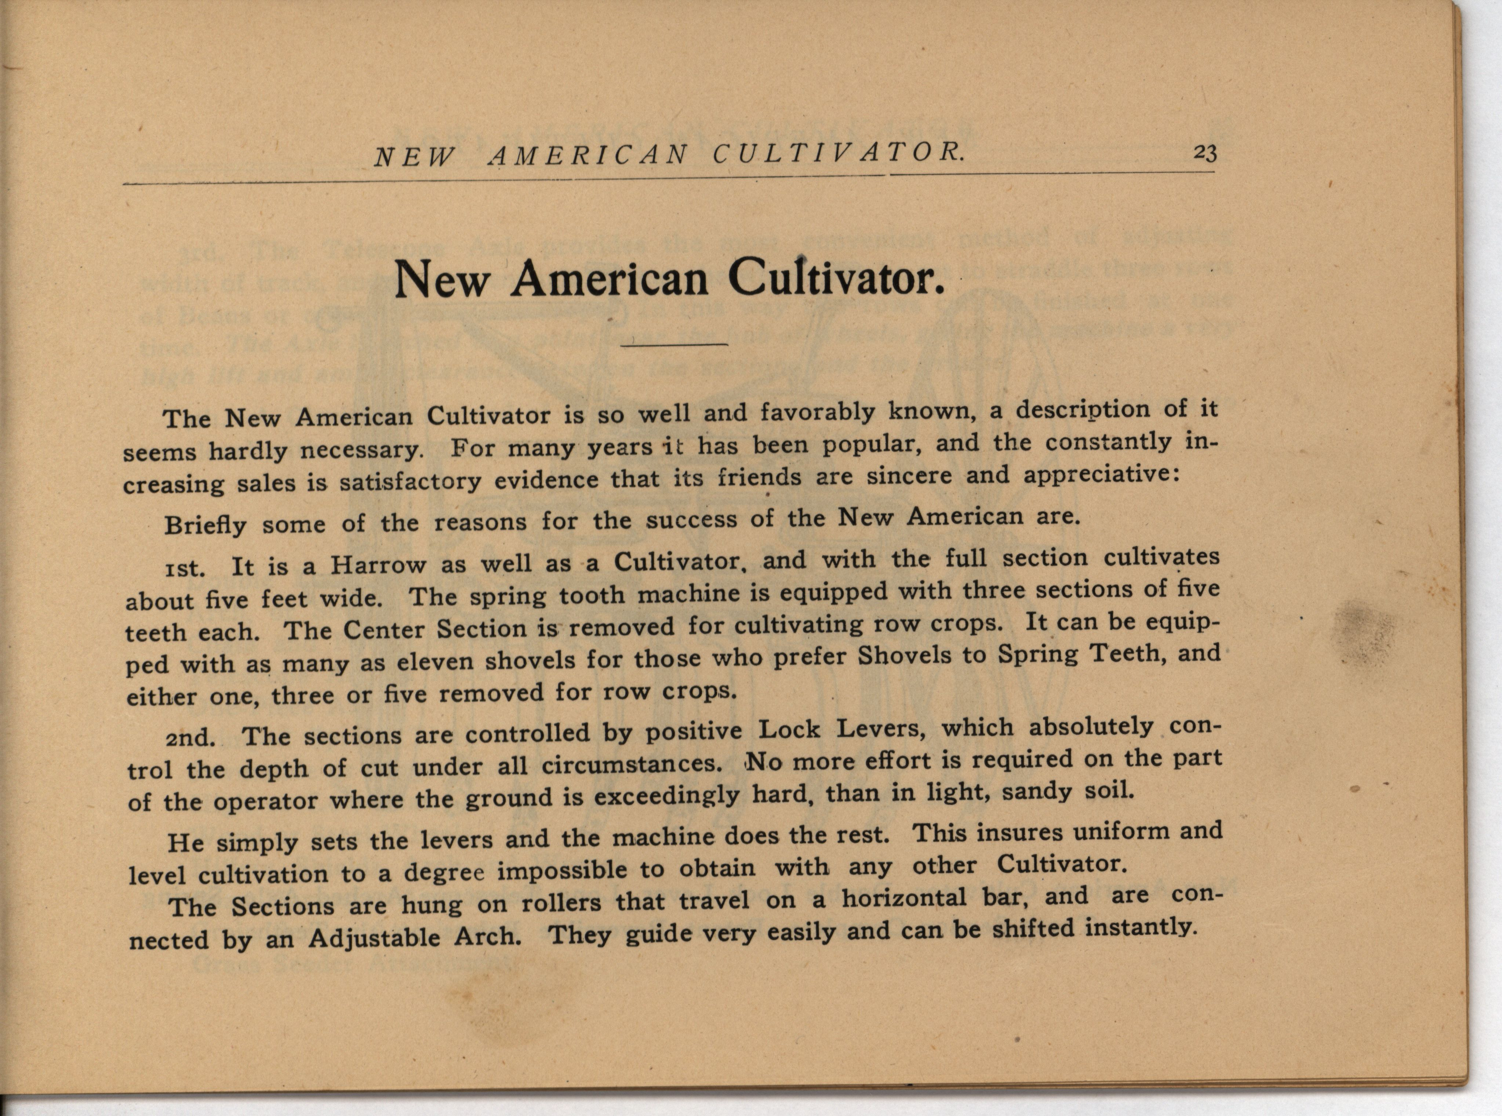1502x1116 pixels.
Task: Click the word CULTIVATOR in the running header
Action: pyautogui.click(x=839, y=155)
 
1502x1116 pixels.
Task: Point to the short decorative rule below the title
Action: pyautogui.click(x=674, y=345)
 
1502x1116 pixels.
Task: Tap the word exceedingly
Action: pyautogui.click(x=666, y=796)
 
